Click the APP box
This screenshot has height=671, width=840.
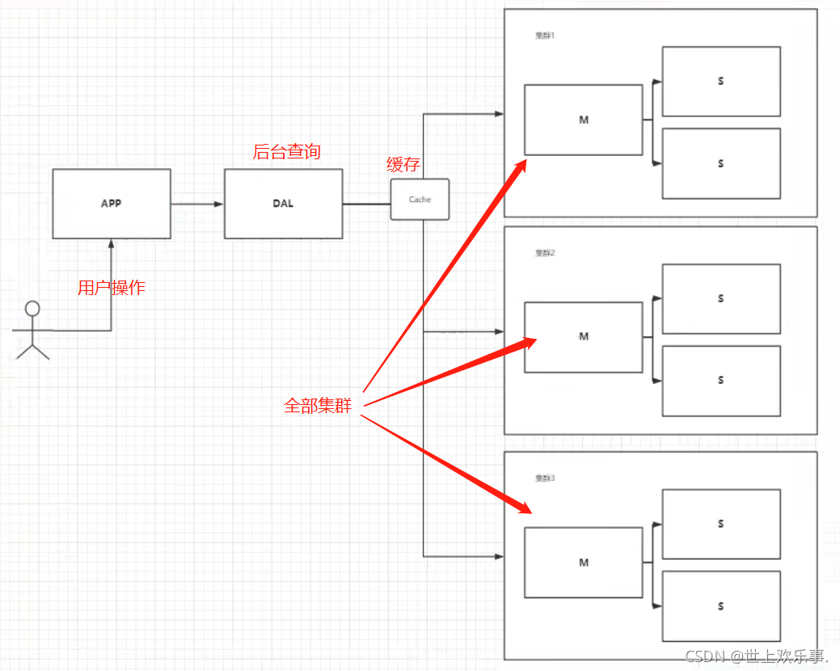click(112, 204)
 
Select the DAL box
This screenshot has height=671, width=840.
click(283, 204)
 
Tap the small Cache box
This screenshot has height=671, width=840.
click(420, 200)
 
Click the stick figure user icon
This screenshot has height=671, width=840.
click(32, 329)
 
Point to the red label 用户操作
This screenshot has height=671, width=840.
click(112, 288)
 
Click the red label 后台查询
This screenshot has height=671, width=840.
click(286, 152)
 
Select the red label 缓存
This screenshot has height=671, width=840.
click(403, 166)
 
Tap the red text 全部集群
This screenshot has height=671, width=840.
click(318, 406)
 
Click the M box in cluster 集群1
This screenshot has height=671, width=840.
click(584, 120)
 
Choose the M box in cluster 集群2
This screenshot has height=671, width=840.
click(584, 336)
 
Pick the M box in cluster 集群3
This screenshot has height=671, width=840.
click(584, 563)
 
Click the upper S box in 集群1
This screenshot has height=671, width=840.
click(721, 82)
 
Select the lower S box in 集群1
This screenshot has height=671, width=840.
click(721, 163)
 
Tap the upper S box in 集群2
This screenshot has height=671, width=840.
click(721, 299)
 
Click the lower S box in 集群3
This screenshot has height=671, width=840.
click(721, 606)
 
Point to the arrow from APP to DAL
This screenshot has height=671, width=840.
click(197, 204)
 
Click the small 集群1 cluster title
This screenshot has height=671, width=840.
click(545, 36)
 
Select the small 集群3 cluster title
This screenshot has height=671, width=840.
click(545, 479)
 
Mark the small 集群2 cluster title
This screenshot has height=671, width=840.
click(545, 253)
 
